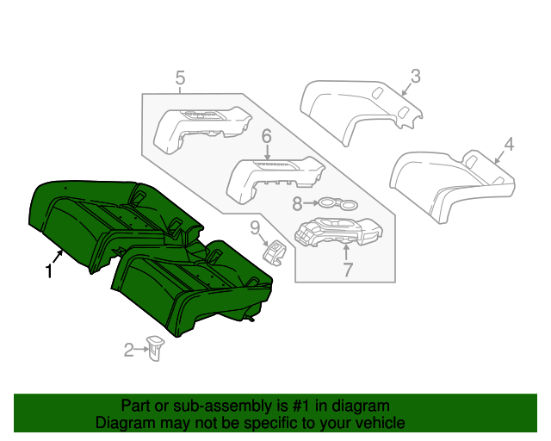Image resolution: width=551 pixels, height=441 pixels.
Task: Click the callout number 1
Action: coord(49,271)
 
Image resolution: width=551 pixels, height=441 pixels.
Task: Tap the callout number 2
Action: coord(129,350)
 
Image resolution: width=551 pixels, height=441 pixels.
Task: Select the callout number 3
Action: coord(415,77)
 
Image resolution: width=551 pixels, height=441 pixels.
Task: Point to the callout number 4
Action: coord(509,145)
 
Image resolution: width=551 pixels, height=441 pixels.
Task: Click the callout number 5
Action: coord(180,78)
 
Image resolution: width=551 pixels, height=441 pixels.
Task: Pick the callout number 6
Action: coord(267,136)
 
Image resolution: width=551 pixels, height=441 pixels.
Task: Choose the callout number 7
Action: coord(347,270)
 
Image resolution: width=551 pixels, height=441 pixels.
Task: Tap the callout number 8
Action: coord(297,203)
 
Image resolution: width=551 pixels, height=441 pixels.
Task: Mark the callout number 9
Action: coord(255,228)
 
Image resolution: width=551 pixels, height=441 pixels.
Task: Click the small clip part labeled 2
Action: coord(155,348)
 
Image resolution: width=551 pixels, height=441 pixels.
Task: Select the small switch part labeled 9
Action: coord(275,252)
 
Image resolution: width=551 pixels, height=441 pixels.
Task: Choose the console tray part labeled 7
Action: coord(338,231)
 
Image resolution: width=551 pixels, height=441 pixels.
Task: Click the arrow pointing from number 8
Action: coord(311,203)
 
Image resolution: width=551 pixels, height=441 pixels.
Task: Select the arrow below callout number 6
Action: coord(267,152)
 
